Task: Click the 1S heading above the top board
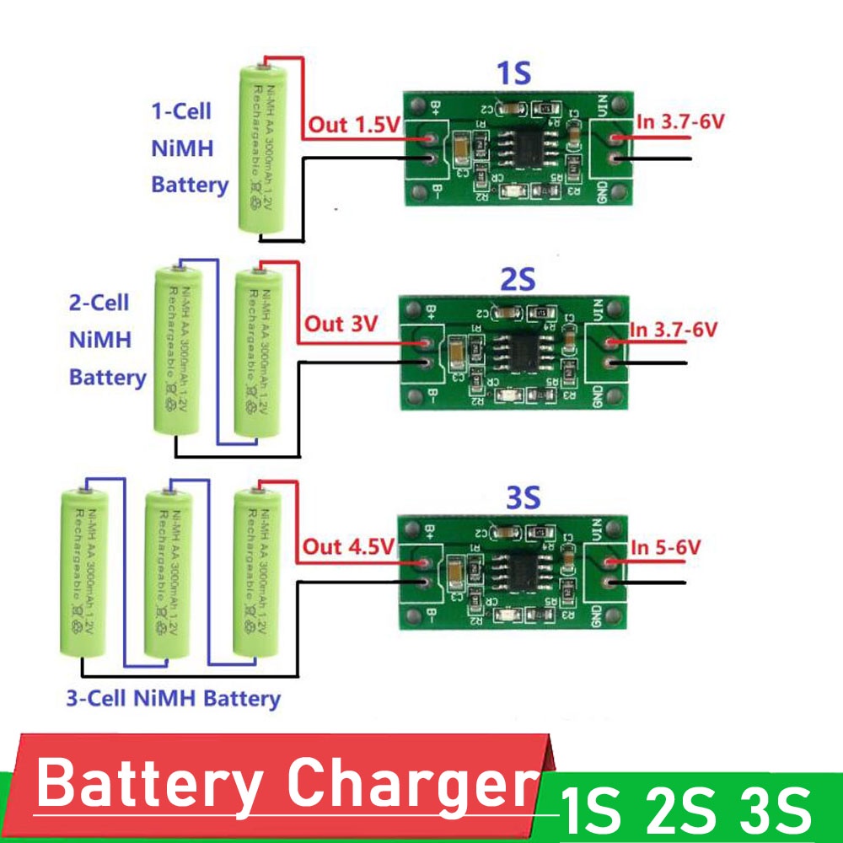click(514, 74)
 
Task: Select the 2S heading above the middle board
click(517, 280)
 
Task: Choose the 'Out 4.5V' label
click(348, 547)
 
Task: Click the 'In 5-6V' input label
click(666, 547)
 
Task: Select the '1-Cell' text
click(180, 111)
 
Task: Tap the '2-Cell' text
click(99, 303)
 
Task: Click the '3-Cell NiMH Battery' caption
click(173, 698)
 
